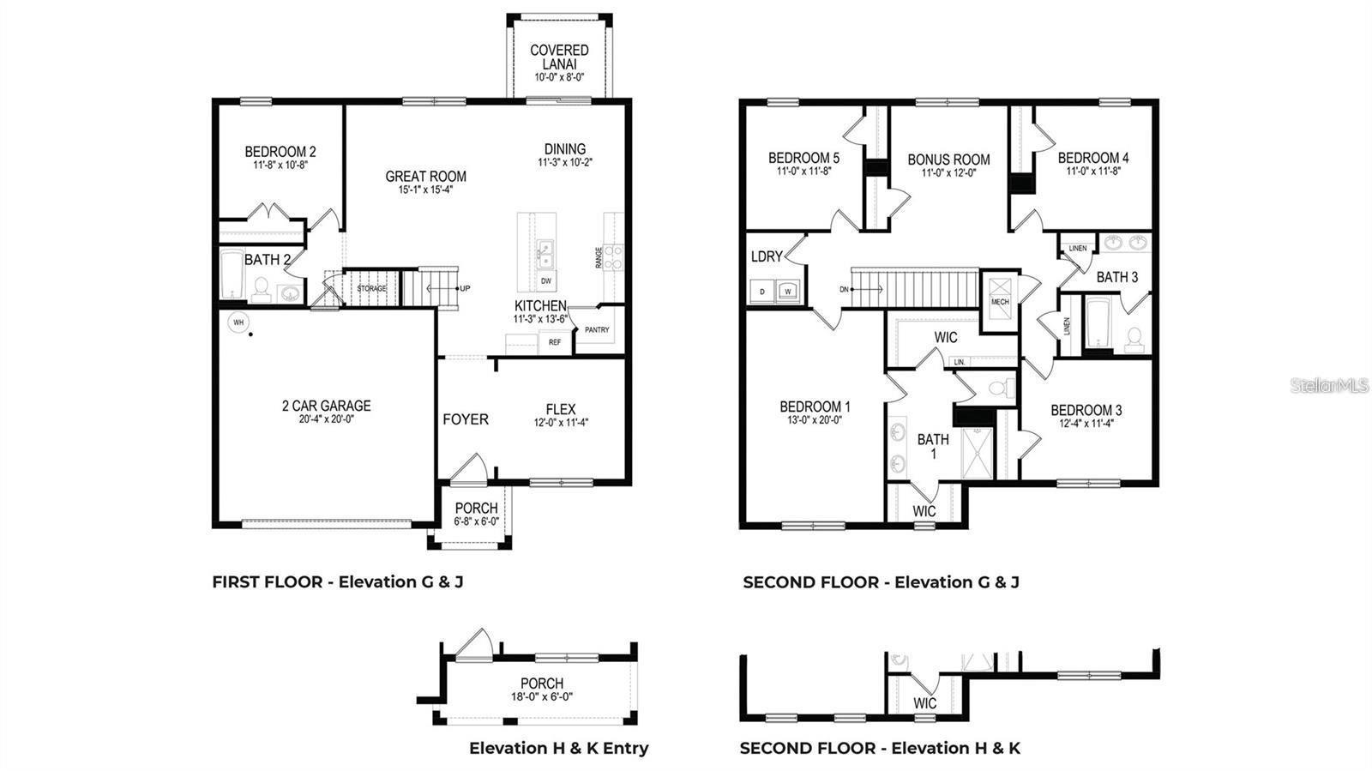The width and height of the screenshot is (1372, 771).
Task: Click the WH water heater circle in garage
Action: [238, 322]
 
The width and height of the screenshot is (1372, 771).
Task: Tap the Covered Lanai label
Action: [559, 57]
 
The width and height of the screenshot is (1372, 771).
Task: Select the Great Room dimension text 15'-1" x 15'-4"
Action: [425, 190]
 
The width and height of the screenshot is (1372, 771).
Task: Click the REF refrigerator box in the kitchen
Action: [555, 342]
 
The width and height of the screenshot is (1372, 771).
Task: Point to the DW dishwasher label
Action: [546, 281]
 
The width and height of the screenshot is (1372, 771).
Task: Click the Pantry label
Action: [597, 330]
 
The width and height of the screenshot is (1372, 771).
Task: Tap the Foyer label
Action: [466, 419]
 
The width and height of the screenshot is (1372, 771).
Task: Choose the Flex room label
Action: [561, 409]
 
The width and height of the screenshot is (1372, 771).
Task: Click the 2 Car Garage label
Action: [326, 406]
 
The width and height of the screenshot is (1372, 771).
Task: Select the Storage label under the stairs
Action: [372, 289]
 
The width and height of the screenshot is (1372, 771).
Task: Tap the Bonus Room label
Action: [948, 160]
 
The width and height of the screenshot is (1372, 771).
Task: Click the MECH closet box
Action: [1000, 302]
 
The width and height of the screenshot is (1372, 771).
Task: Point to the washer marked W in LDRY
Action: [787, 292]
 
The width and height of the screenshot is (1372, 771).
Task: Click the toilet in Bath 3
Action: [1134, 340]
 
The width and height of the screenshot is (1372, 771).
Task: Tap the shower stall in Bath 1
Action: [977, 450]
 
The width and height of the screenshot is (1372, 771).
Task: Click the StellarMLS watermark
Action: [1329, 386]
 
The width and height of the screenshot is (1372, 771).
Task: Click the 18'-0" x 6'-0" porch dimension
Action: [542, 696]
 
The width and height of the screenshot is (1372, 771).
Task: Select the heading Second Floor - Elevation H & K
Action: [880, 748]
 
